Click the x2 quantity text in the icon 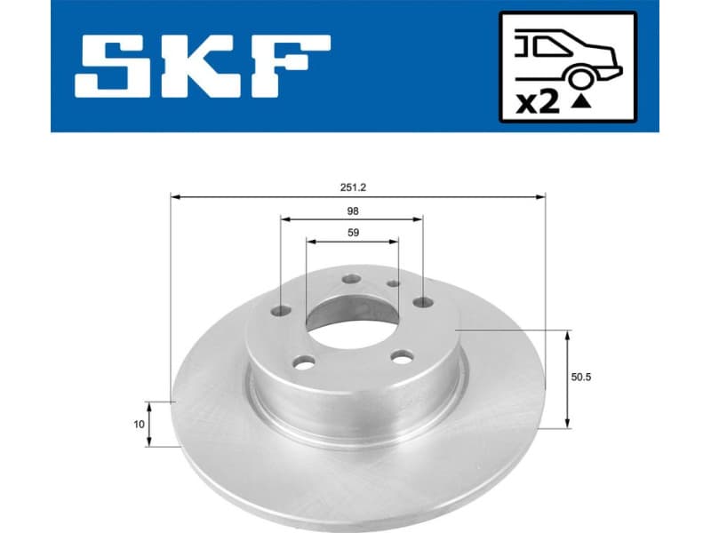538,102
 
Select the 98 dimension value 353,211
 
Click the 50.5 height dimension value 581,377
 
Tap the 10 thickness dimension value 138,425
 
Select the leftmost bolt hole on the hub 281,311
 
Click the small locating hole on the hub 394,283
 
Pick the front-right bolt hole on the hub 403,356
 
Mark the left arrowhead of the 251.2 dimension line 174,196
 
